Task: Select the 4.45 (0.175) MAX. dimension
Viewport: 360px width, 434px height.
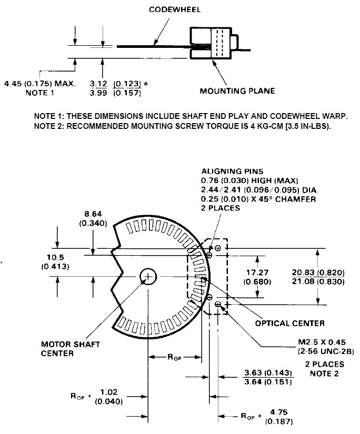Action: (x=39, y=84)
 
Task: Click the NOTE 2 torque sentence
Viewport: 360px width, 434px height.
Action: (x=182, y=126)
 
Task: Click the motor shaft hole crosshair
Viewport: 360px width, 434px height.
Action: (x=148, y=276)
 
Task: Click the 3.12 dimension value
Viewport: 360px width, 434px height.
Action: (x=99, y=84)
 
